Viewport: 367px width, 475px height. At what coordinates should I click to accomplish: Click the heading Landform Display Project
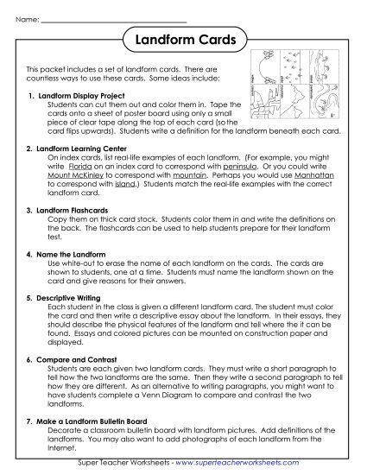tap(76, 95)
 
